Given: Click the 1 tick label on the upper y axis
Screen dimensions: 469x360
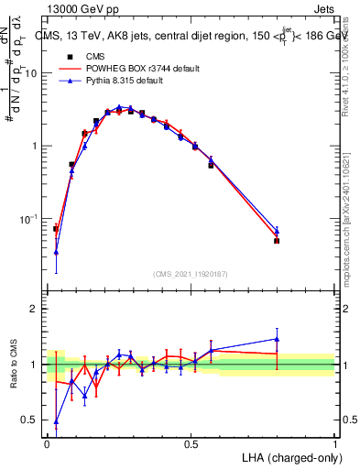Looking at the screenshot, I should pyautogui.click(x=37, y=146).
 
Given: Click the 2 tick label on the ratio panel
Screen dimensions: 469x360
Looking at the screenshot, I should pyautogui.click(x=37, y=309).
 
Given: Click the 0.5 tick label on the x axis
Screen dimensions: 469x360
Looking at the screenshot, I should pyautogui.click(x=191, y=444).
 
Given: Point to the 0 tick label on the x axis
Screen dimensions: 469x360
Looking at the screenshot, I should pyautogui.click(x=47, y=444).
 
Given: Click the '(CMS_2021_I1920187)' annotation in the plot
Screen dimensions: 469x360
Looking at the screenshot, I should pyautogui.click(x=191, y=273).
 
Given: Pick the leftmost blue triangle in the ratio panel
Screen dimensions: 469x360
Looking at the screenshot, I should pyautogui.click(x=56, y=422).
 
